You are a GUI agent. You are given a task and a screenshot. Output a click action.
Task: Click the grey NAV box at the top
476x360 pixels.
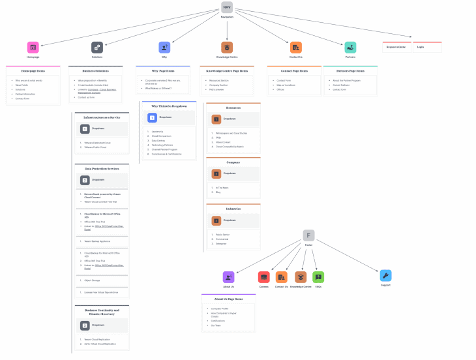coord(227,7)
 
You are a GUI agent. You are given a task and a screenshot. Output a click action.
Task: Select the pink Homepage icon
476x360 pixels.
coord(33,47)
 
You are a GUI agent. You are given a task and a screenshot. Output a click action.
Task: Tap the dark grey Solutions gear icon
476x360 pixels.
coord(97,47)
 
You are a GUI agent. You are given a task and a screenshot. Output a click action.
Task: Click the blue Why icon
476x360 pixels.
coord(164,47)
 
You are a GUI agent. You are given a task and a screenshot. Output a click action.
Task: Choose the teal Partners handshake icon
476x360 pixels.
coord(350,47)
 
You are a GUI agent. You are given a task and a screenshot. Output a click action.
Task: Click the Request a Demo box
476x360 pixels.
coord(396,47)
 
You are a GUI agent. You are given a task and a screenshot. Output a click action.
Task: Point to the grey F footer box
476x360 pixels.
coord(308,235)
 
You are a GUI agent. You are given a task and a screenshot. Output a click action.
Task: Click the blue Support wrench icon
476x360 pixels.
coord(385,275)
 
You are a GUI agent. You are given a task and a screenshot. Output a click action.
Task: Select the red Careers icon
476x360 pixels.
coord(263,277)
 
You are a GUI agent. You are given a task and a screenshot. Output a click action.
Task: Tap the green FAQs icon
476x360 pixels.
coord(318,277)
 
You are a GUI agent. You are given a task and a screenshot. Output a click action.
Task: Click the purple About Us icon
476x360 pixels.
coord(228,277)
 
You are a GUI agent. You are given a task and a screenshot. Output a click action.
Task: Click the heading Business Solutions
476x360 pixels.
coord(95,70)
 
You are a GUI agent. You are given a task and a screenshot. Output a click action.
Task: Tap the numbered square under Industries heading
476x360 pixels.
coord(216,220)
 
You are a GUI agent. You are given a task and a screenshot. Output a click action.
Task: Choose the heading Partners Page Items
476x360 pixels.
coord(350,70)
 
